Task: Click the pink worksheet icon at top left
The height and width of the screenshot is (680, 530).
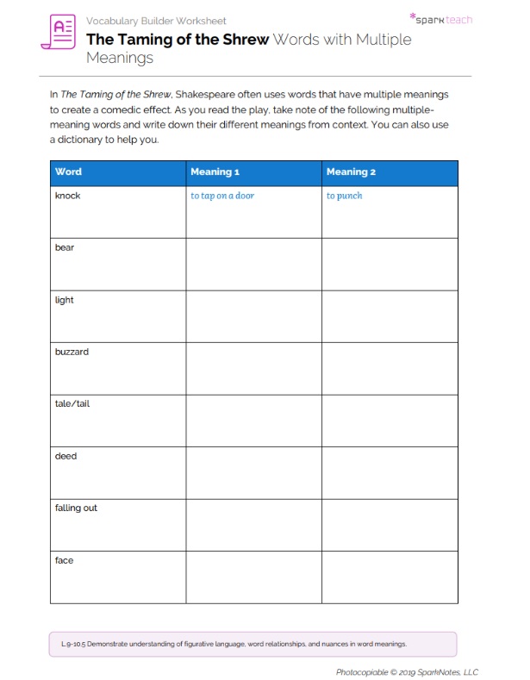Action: click(x=58, y=32)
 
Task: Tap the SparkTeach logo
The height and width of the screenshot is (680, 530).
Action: click(x=440, y=18)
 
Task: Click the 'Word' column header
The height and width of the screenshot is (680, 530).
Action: click(x=68, y=172)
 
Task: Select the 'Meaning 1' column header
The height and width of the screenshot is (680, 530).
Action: click(x=215, y=172)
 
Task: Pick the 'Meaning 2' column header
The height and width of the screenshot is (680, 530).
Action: click(x=351, y=172)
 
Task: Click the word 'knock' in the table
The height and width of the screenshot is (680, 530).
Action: click(x=67, y=196)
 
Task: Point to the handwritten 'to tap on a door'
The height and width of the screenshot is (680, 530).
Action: click(x=222, y=196)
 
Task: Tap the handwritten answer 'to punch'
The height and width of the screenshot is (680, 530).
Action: click(x=344, y=196)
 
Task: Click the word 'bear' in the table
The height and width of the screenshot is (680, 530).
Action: click(x=65, y=248)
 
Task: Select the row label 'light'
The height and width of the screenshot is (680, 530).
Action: click(x=65, y=300)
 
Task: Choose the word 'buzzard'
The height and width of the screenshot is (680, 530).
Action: click(x=72, y=352)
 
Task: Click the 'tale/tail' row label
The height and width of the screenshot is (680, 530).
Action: click(x=72, y=403)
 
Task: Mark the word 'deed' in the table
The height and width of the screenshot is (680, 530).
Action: click(x=65, y=456)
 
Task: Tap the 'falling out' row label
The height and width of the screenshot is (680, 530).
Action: click(x=76, y=508)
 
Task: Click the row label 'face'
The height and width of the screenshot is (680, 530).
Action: click(x=65, y=560)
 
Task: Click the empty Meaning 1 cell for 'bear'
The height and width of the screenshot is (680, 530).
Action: click(x=253, y=264)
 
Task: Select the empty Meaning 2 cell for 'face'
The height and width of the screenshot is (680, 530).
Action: click(x=390, y=577)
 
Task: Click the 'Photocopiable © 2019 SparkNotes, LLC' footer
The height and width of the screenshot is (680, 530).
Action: click(x=407, y=672)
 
